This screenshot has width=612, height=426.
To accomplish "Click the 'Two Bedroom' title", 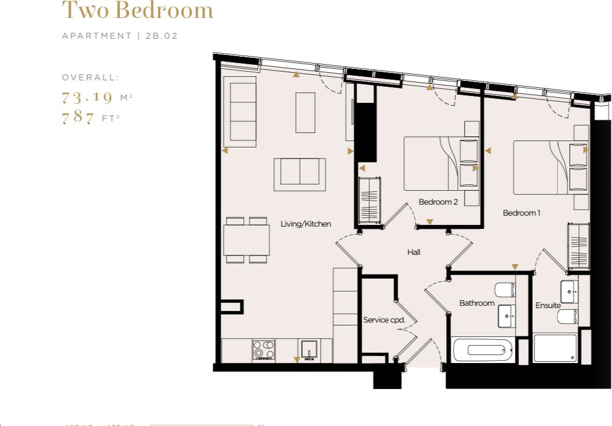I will pyautogui.click(x=138, y=10).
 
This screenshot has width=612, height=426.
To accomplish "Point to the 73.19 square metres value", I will pyautogui.click(x=87, y=97).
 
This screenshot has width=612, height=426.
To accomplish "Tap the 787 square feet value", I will pyautogui.click(x=78, y=118).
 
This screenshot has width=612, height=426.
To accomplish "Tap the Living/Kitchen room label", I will pyautogui.click(x=306, y=224).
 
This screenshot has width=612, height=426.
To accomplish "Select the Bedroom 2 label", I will pyautogui.click(x=438, y=202).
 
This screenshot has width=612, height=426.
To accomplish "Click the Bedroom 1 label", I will pyautogui.click(x=521, y=213).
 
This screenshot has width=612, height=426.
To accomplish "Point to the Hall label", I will pyautogui.click(x=413, y=252).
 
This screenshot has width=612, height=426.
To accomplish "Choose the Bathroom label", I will pyautogui.click(x=477, y=303).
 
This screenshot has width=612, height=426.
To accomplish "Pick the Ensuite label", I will pyautogui.click(x=548, y=305).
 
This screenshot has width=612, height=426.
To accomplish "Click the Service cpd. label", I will pyautogui.click(x=384, y=320).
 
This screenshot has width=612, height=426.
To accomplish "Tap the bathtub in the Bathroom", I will pyautogui.click(x=483, y=350).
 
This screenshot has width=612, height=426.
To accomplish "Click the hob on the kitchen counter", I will pyautogui.click(x=264, y=350).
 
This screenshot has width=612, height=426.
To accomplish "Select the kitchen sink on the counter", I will pyautogui.click(x=309, y=350).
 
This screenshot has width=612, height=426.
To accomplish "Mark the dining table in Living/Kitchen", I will pyautogui.click(x=247, y=240).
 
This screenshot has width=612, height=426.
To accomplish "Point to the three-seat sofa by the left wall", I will pyautogui.click(x=243, y=111).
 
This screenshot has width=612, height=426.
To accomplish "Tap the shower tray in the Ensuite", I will pyautogui.click(x=555, y=349).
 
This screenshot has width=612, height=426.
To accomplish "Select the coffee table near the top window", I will pyautogui.click(x=305, y=112).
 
